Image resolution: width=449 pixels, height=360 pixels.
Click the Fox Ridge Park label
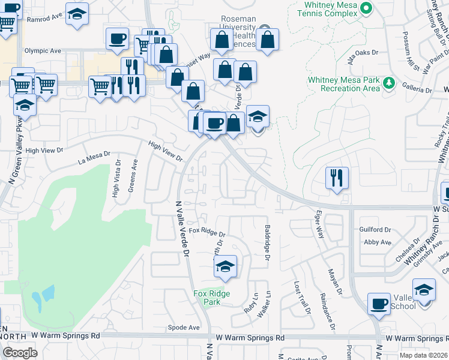tap(207, 298)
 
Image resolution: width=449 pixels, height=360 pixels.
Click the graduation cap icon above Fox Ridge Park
tap(225, 266)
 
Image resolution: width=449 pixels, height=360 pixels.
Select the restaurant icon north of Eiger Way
tap(336, 178)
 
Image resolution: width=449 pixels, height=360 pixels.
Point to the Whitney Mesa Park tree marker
tap(389, 82)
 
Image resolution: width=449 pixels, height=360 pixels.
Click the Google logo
tap(20, 352)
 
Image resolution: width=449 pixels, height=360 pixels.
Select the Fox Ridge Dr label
tap(206, 232)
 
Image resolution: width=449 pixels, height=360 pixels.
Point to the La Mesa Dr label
tap(95, 157)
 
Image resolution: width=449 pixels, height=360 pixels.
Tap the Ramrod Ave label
tap(44, 19)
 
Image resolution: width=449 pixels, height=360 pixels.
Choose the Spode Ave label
tap(183, 328)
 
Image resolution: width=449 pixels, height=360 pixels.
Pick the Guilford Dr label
tap(375, 229)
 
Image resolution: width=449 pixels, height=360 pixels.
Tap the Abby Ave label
tap(378, 242)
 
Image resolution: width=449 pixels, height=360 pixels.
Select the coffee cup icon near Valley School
tap(379, 303)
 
